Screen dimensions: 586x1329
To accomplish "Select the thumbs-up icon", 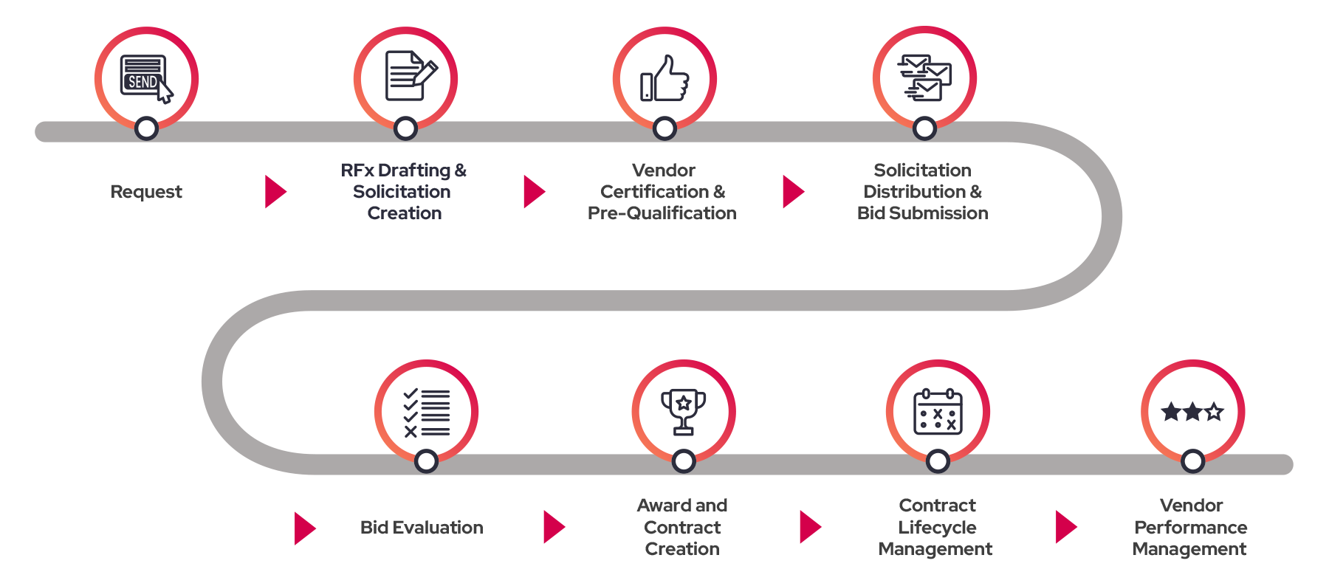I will coord(664,78).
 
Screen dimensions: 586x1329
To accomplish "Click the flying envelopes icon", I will coord(924,77).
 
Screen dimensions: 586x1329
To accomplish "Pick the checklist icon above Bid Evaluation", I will coord(426,412).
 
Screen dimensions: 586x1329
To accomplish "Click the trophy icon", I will coord(683,411).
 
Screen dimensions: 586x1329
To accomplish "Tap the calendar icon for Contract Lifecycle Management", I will coord(938,412).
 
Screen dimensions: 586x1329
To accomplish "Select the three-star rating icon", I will coord(1192,411).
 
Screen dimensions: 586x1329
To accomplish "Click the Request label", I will coord(146,192).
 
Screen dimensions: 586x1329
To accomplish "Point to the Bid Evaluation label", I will coord(422,527).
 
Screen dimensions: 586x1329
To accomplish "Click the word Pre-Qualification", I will coord(662,213).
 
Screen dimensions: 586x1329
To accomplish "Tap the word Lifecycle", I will coord(937,527).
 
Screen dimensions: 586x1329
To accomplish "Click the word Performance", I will coord(1190,527).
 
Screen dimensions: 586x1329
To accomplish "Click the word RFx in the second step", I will coord(357,170).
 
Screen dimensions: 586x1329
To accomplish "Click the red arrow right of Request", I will coord(275,192).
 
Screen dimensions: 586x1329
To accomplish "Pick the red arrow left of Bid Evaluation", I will coord(304,528).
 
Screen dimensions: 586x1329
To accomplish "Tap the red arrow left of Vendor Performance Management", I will coord(1065,527).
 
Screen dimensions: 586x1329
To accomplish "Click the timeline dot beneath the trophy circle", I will coord(684,462).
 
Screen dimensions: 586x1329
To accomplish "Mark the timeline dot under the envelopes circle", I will coord(924,128).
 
